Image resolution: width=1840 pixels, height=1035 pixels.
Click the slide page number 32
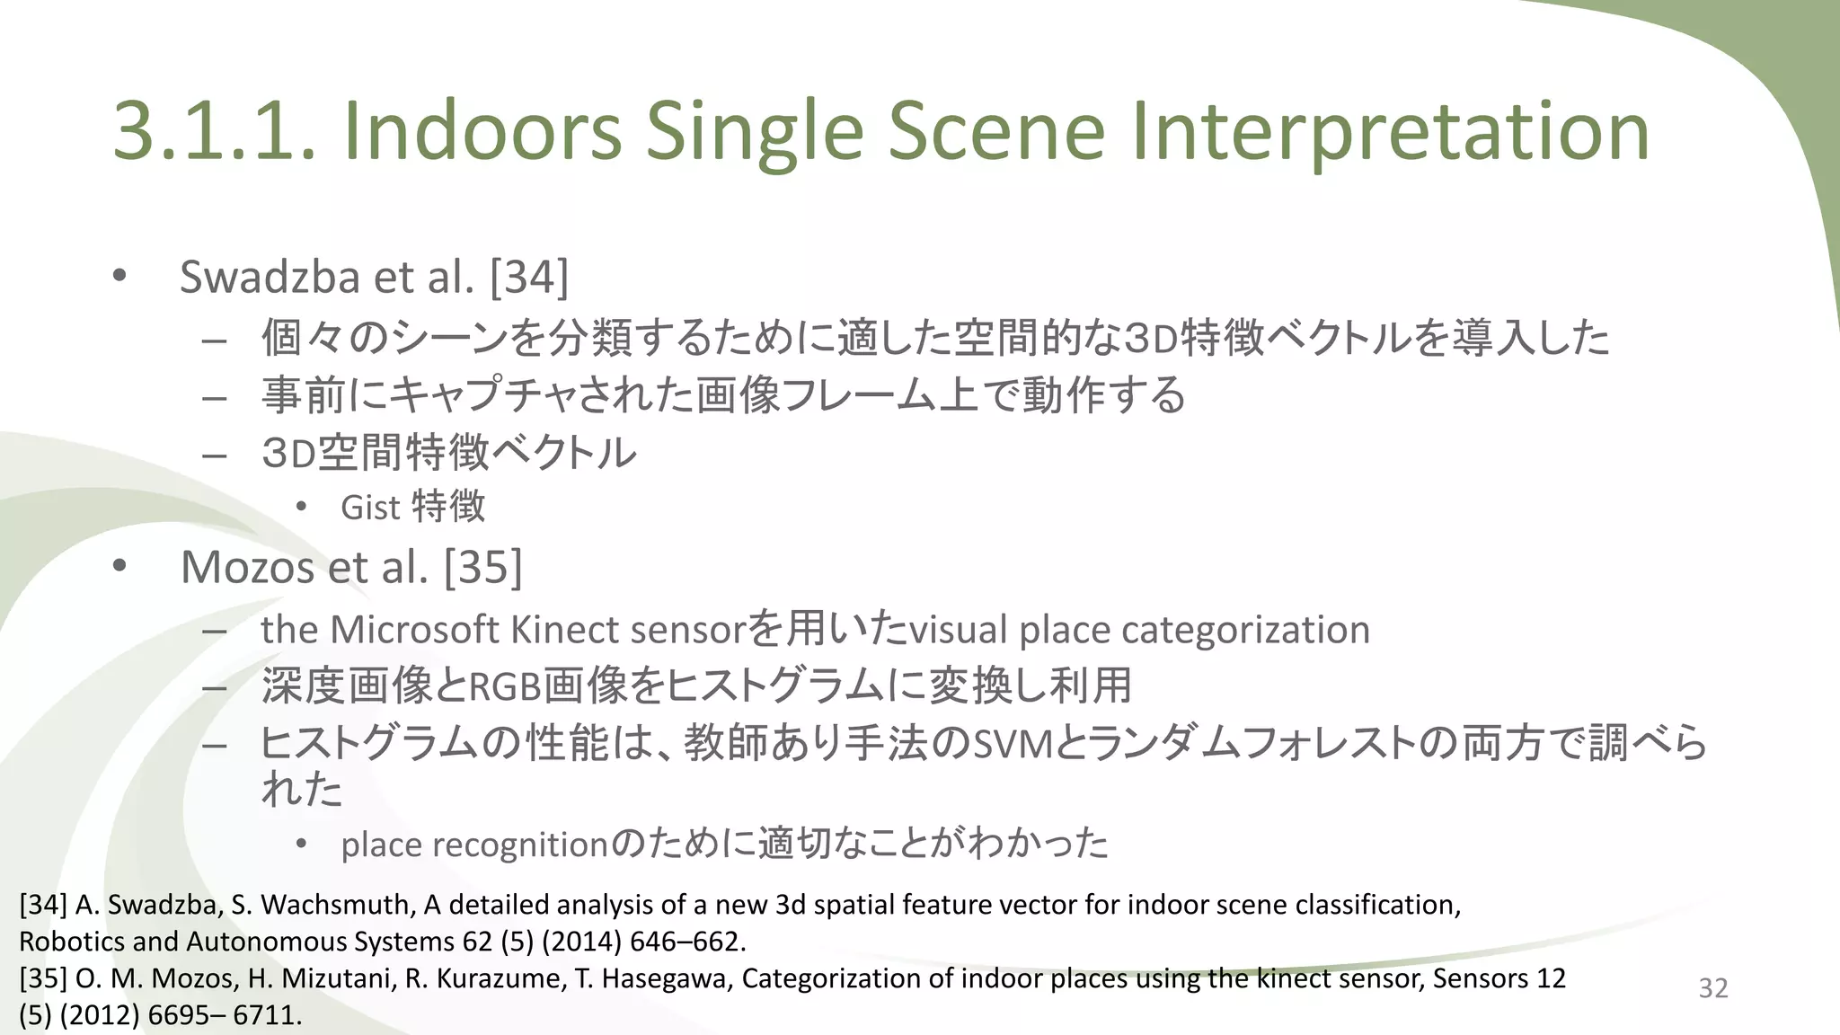click(1712, 988)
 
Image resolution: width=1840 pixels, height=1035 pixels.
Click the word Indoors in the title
click(482, 131)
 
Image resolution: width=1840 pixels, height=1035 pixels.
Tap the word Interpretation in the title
click(1390, 131)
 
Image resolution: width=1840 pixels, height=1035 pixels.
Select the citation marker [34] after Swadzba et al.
click(529, 277)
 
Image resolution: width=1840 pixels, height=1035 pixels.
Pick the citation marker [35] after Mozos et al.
click(483, 567)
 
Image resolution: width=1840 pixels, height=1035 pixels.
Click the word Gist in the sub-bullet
click(369, 508)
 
